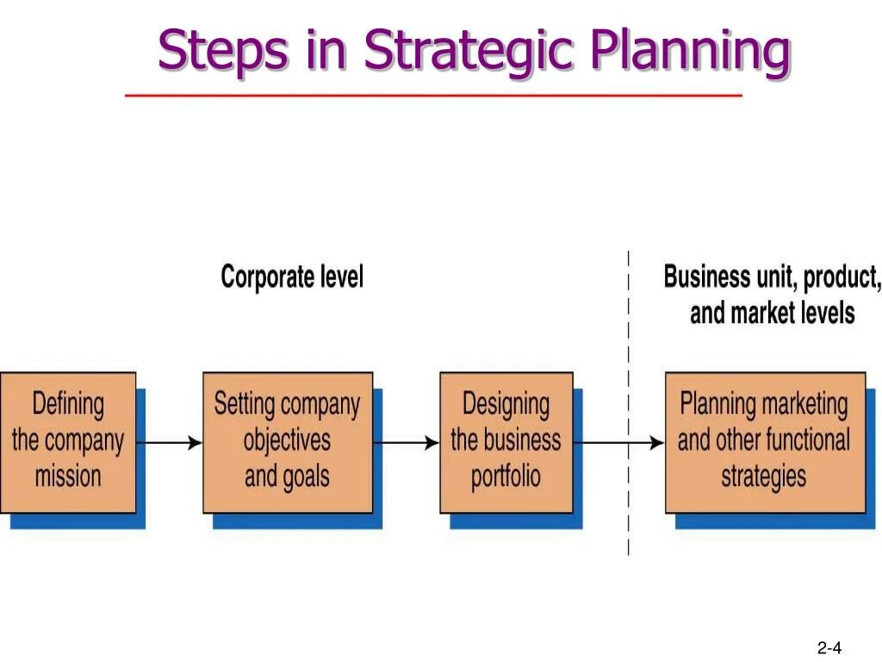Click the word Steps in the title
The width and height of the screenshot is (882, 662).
[x=222, y=51]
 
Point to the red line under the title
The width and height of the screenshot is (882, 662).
[x=433, y=95]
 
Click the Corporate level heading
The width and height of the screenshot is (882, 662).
[x=292, y=277]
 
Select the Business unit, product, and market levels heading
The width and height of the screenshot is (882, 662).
[x=772, y=295]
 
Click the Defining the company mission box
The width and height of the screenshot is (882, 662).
[x=68, y=440]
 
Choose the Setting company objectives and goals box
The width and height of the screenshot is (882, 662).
[x=288, y=440]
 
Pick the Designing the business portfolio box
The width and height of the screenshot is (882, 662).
[x=506, y=440]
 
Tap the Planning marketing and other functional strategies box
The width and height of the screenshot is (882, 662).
[x=764, y=440]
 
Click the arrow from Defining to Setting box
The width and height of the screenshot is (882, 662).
[x=169, y=443]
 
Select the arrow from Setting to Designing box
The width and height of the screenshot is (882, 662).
[x=406, y=443]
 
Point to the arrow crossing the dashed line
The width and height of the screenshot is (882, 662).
[x=618, y=443]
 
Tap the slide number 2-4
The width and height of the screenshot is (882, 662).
[x=829, y=648]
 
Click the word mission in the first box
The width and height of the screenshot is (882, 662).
[x=68, y=476]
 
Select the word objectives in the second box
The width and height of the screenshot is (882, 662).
[x=287, y=440]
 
